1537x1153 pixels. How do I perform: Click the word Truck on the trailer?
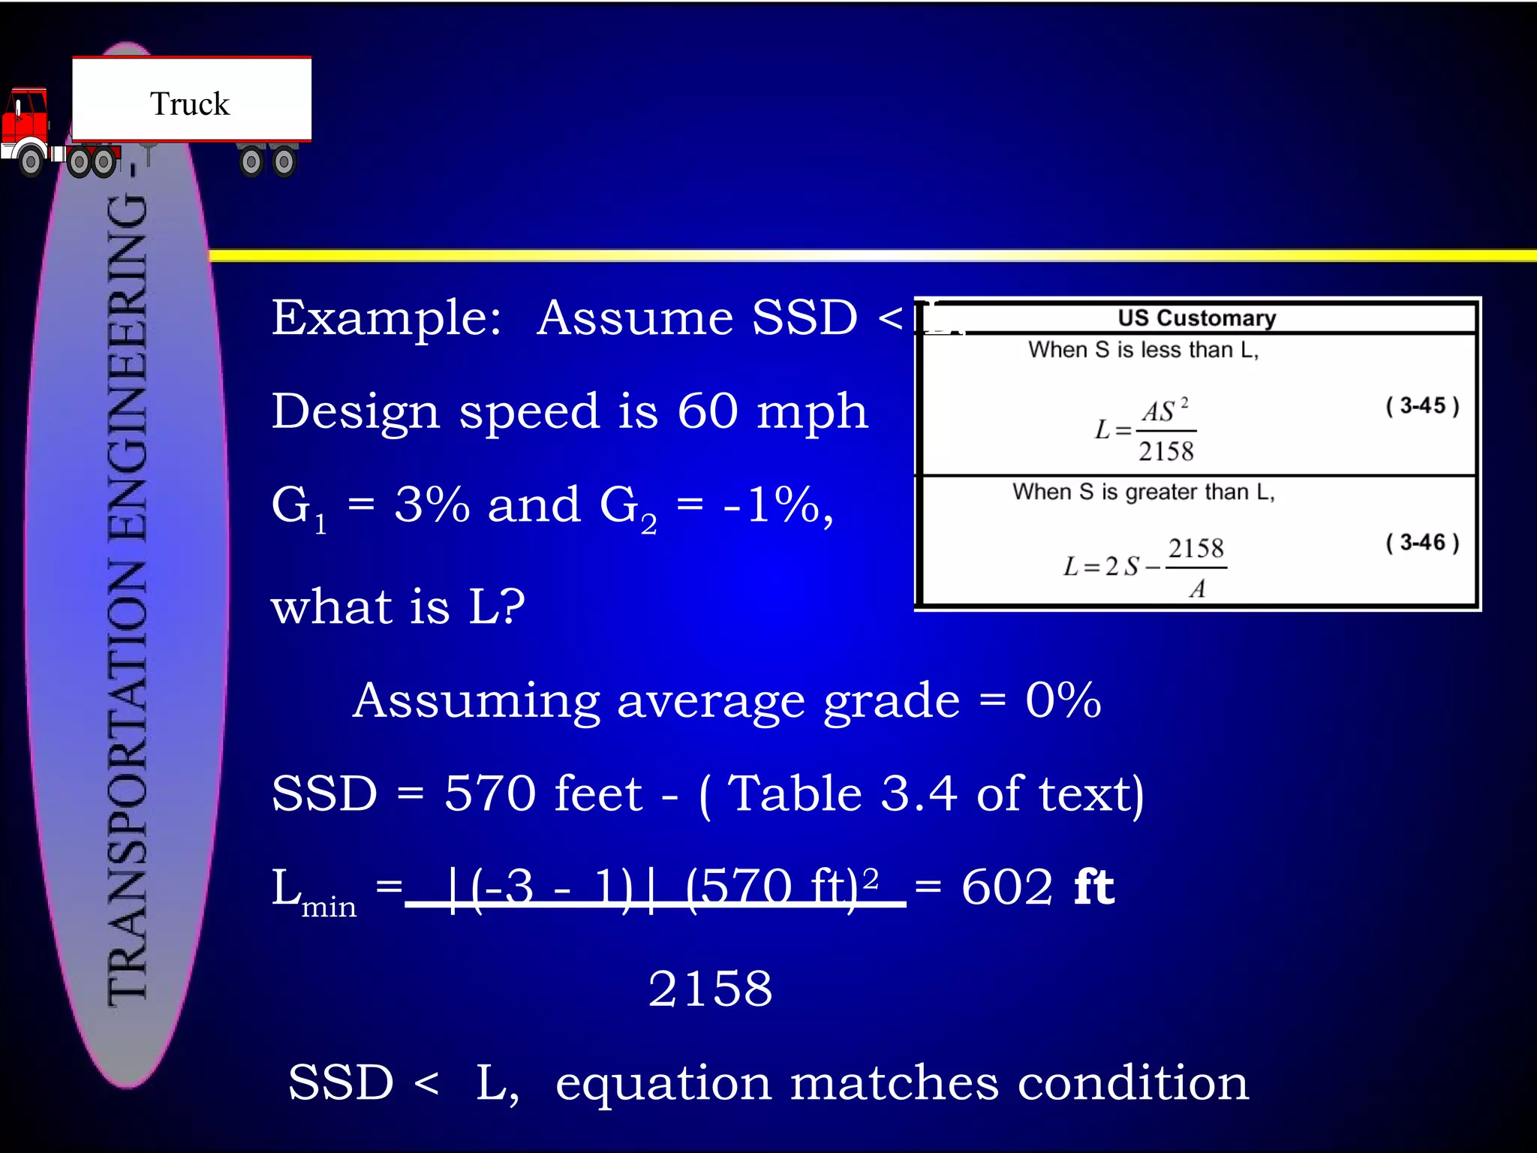click(x=190, y=104)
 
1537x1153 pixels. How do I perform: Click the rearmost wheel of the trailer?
click(x=284, y=161)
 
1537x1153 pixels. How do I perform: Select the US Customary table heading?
click(x=1196, y=318)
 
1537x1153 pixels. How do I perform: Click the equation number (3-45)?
click(x=1421, y=406)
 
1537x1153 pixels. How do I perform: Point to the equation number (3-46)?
click(x=1421, y=542)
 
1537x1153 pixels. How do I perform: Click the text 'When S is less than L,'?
click(x=1142, y=350)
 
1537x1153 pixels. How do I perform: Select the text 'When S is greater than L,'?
click(x=1143, y=492)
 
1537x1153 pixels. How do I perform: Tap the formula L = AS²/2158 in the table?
click(x=1145, y=430)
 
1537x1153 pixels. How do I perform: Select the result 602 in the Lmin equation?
click(x=1007, y=887)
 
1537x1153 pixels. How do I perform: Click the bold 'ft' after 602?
click(x=1093, y=887)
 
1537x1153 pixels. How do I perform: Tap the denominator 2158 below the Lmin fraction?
click(x=710, y=988)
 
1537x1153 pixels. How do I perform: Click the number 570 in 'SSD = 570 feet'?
click(x=490, y=793)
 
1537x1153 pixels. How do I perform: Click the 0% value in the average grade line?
click(x=1063, y=700)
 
